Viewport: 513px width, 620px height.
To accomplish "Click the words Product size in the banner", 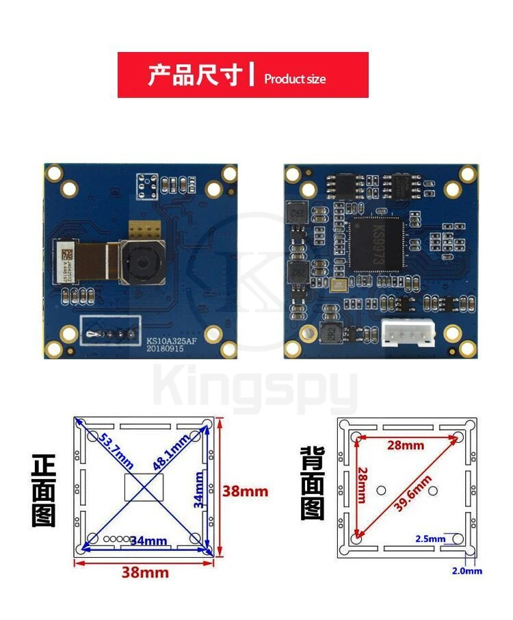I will click(x=295, y=79).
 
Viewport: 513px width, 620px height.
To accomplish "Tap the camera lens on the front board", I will click(x=142, y=260).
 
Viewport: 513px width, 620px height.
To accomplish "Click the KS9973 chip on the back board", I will click(x=375, y=243).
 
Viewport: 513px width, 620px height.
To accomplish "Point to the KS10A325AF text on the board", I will click(x=171, y=339).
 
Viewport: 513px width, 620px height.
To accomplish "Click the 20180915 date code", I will click(x=165, y=348).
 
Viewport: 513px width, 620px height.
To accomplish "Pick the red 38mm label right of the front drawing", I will click(x=246, y=491).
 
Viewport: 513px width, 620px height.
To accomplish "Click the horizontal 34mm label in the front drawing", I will click(x=148, y=541).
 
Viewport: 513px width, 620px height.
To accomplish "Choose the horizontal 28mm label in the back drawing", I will click(x=406, y=445).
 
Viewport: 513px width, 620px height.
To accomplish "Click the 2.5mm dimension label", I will click(x=430, y=539).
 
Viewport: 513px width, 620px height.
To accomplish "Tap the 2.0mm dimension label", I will click(x=467, y=571).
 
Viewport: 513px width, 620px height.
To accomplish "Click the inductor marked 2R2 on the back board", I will click(x=329, y=333).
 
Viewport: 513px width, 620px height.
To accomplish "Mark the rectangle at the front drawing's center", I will click(x=144, y=487).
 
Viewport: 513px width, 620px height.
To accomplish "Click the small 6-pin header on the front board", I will click(x=147, y=183).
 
